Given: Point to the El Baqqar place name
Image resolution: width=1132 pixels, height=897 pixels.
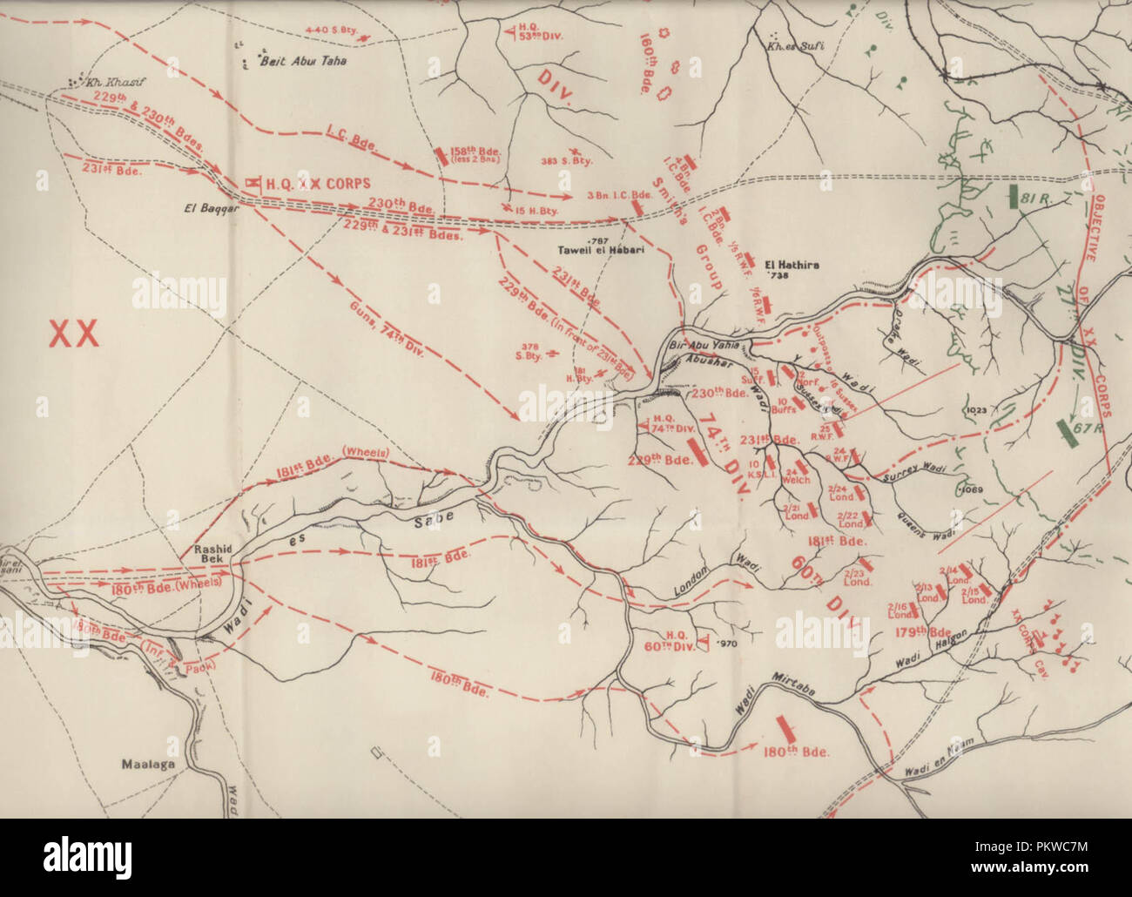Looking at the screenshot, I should pos(199,208).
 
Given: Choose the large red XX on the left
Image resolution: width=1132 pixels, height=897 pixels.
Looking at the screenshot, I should pos(73,333).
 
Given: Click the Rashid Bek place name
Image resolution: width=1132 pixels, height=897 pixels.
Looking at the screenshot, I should pos(212,556).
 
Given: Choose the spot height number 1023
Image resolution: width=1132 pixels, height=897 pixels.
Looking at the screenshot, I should pos(977,409).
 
